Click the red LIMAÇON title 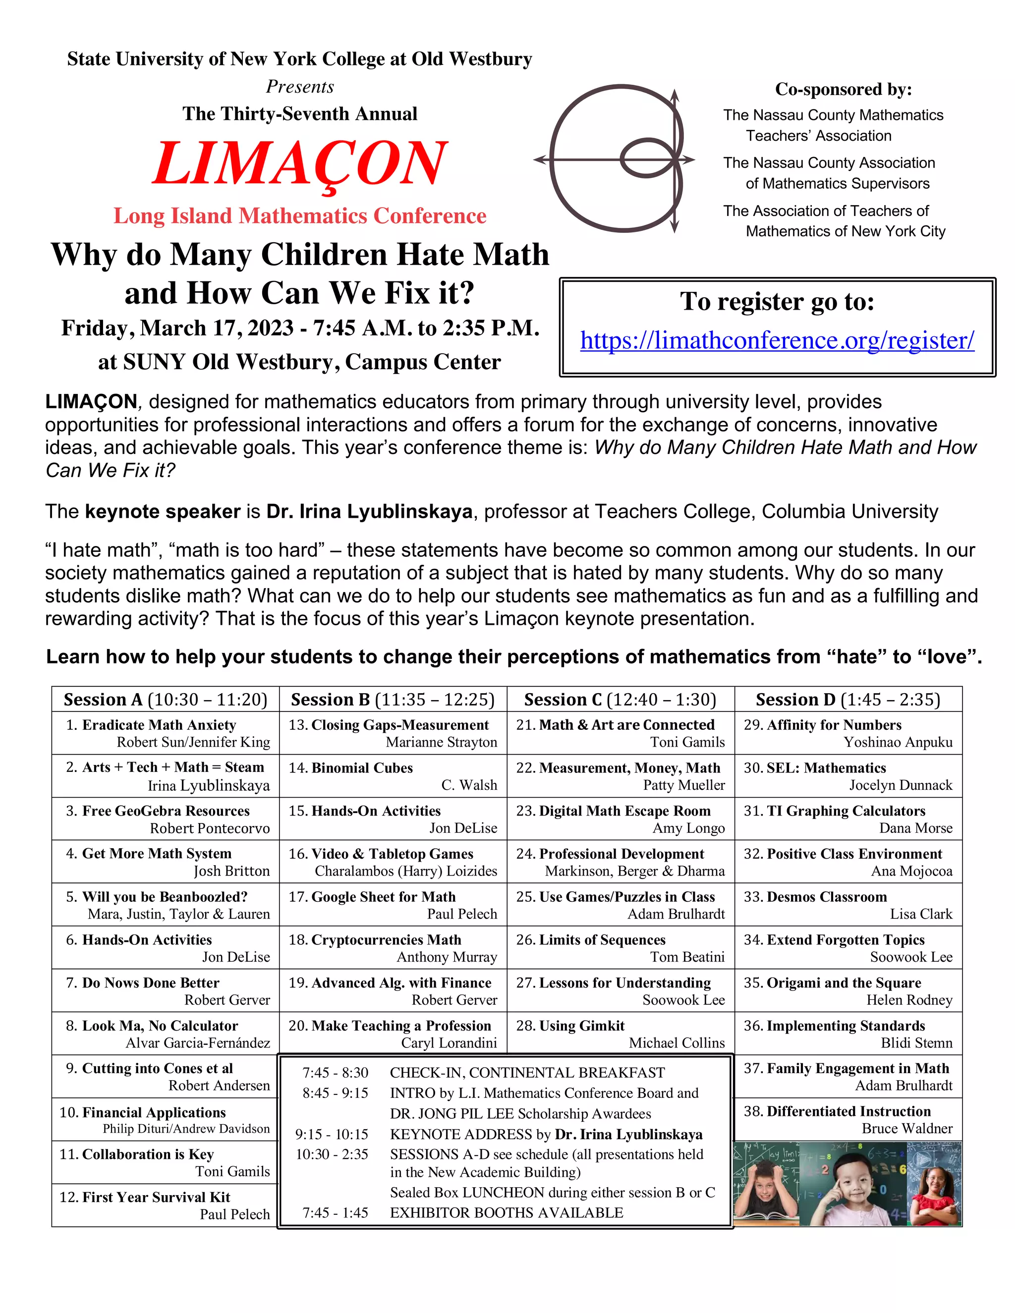click(299, 164)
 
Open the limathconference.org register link click(777, 340)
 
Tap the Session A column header click(166, 699)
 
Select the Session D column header click(848, 699)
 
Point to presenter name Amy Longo click(688, 828)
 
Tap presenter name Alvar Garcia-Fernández click(198, 1042)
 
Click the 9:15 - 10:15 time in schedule click(332, 1135)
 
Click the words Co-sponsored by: click(843, 90)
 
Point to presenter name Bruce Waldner click(907, 1128)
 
